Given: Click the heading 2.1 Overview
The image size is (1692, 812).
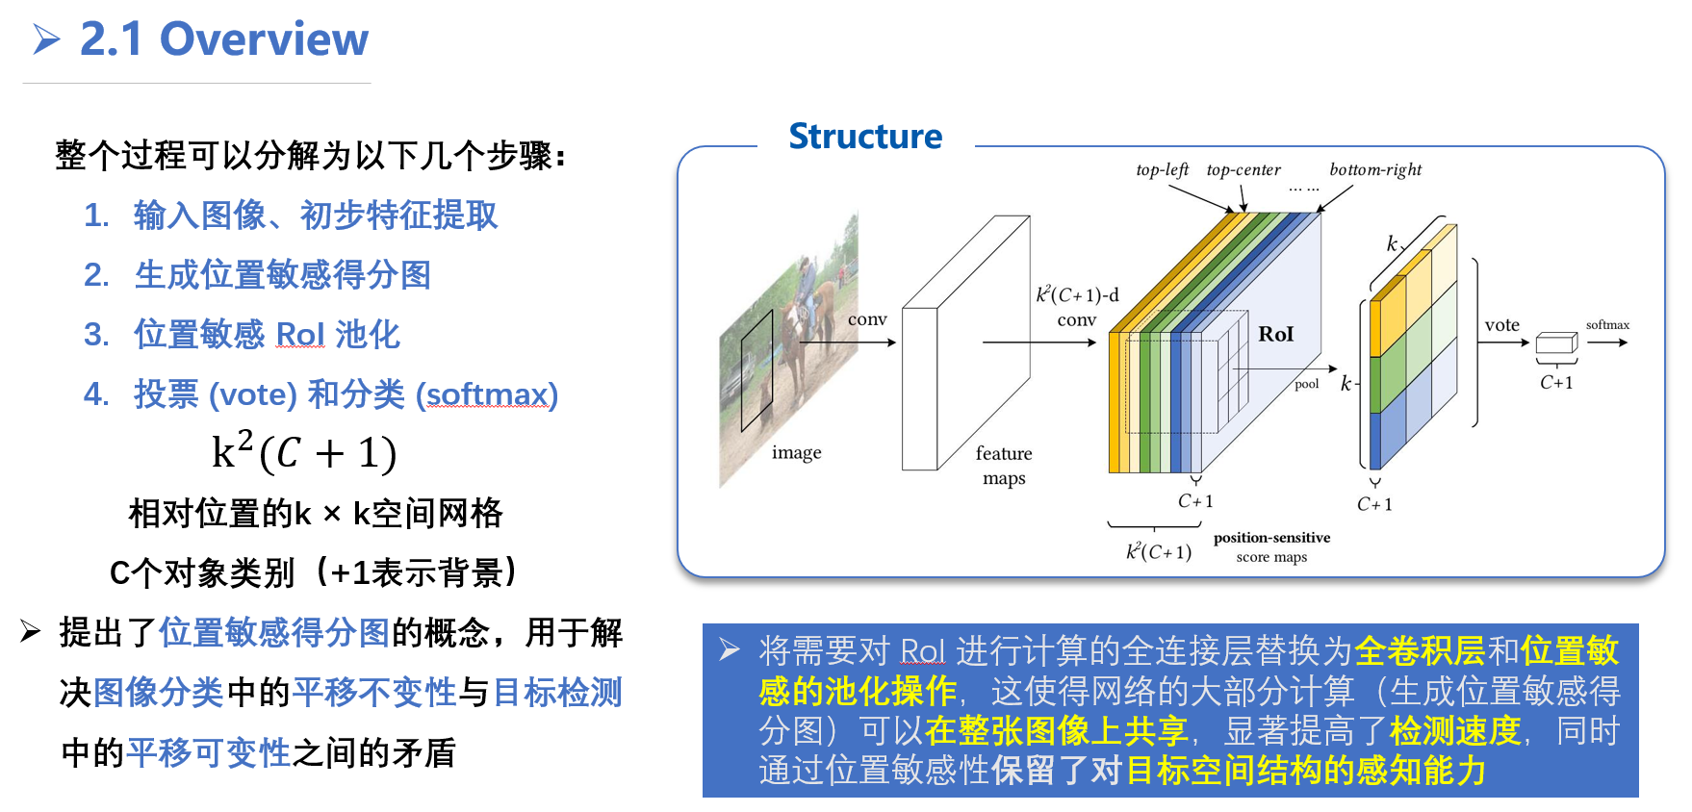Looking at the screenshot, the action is point(223,39).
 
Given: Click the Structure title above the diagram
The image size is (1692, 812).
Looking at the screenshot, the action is point(865,137).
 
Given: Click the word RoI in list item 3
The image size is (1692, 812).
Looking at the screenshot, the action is point(299,335).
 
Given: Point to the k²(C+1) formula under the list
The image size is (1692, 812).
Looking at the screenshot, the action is point(303,452).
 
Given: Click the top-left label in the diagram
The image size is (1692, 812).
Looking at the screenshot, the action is point(1162,170).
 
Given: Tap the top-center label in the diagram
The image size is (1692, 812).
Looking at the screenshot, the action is point(1243,170).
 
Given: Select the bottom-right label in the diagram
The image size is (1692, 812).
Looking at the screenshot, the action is point(1374,170).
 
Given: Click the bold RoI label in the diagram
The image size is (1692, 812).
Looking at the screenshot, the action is point(1275,334).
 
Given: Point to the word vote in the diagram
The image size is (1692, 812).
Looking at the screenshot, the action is point(1501,325).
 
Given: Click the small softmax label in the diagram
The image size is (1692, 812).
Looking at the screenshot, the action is point(1607,325).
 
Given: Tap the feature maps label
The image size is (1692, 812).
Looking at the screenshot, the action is point(1003,466).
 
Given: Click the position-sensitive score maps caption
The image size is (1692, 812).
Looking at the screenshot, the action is point(1271,546).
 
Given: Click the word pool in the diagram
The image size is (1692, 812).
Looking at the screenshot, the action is point(1306,384).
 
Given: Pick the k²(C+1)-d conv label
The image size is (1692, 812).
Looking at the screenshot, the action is point(1077,307).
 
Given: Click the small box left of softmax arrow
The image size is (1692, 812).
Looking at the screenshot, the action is point(1556,344).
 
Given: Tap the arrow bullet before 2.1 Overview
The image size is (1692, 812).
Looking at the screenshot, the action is point(46,39).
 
